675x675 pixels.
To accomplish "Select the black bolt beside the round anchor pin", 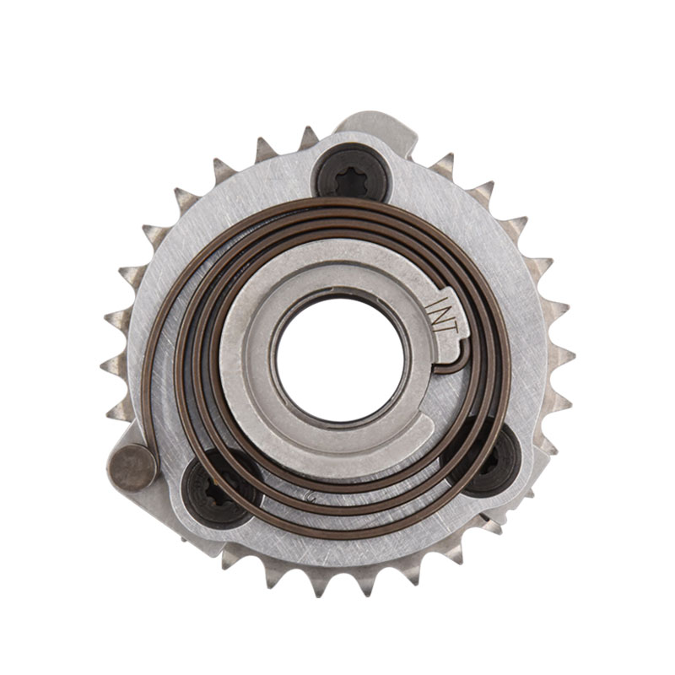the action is tap(219, 493).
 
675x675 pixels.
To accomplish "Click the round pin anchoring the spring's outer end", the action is tap(133, 468).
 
